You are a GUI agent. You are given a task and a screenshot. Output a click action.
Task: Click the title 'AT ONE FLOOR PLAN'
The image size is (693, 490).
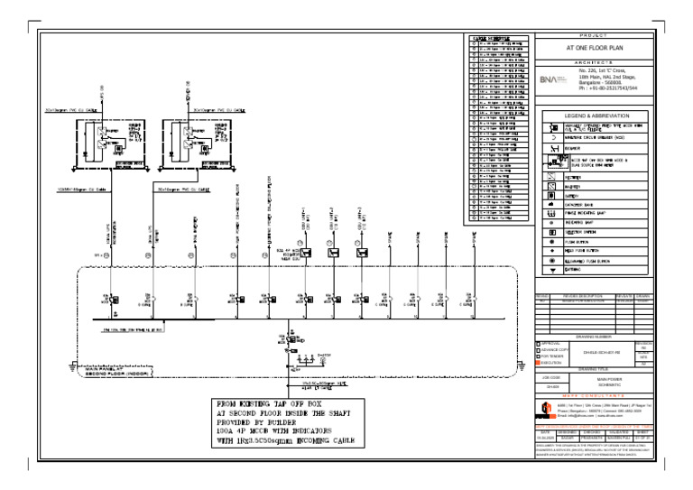tap(596, 48)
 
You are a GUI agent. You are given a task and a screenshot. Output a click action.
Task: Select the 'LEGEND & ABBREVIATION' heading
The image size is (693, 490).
tap(595, 116)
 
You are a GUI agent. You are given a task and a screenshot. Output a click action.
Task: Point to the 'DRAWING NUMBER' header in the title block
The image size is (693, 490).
tap(595, 334)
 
